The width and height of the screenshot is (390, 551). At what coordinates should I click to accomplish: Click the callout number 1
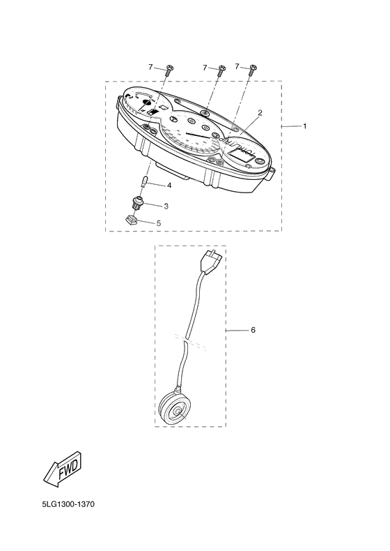305,126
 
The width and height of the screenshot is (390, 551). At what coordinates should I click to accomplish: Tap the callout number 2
260,113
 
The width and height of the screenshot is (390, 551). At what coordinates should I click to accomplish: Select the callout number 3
166,206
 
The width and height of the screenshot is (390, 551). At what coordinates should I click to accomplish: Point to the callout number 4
169,186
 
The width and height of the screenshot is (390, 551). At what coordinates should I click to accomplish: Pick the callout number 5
159,222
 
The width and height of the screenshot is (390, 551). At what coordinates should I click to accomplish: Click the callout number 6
253,330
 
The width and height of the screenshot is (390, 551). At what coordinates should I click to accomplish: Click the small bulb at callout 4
143,182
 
